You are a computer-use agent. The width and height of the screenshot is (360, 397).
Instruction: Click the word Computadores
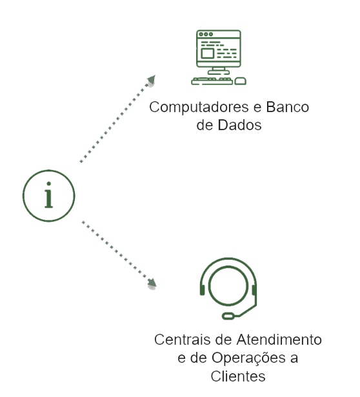(x=199, y=108)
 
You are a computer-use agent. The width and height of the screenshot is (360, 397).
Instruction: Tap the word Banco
(x=287, y=107)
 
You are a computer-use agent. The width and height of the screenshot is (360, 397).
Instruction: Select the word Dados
(x=239, y=125)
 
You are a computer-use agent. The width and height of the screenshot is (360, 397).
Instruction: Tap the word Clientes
(x=238, y=376)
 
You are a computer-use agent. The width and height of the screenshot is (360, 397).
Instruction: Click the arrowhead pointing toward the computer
(x=152, y=80)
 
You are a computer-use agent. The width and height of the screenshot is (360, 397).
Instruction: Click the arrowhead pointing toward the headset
(x=152, y=284)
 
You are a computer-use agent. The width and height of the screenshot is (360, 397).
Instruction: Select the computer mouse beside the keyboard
(x=241, y=81)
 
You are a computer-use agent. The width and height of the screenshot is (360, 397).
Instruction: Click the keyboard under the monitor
(x=212, y=81)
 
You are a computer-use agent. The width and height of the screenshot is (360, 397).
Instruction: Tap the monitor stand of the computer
(x=219, y=71)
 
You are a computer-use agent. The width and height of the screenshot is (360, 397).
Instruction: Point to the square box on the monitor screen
(x=207, y=53)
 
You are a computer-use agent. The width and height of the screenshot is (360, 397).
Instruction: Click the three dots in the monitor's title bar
(x=206, y=34)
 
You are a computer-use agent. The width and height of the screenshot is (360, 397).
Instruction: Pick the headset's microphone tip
(x=228, y=316)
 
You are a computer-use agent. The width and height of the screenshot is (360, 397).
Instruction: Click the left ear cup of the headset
(x=202, y=290)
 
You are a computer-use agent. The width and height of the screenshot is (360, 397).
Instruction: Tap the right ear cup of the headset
(x=254, y=290)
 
